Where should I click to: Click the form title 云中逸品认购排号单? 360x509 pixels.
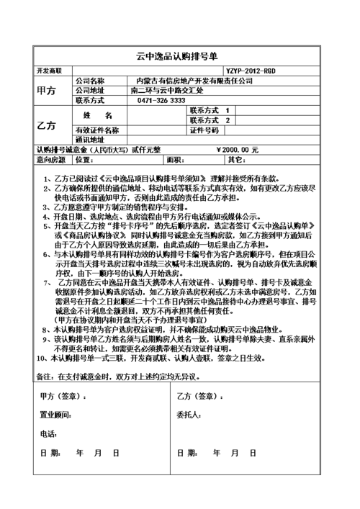click(180, 55)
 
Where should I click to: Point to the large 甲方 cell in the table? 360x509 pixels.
click(45, 91)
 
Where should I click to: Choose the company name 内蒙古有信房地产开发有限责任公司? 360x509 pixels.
click(194, 81)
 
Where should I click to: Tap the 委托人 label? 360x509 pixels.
click(189, 415)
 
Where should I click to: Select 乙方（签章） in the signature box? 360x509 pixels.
click(195, 396)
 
